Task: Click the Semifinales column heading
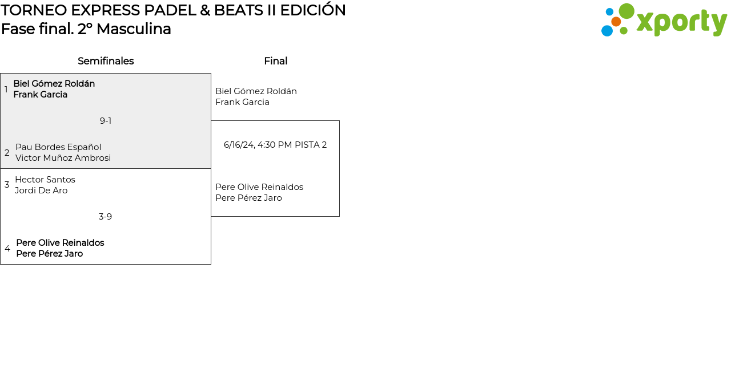point(106,61)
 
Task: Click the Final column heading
point(275,61)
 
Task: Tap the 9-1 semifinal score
point(106,121)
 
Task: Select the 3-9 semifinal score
point(105,217)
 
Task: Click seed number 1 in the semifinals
point(6,90)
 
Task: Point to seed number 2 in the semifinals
point(7,153)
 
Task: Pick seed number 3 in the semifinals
point(7,185)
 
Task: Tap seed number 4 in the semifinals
point(7,249)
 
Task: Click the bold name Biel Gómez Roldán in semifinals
point(54,84)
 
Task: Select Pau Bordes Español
point(58,147)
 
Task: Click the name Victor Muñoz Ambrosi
point(63,158)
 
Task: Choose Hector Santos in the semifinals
point(45,180)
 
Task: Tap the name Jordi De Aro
point(41,190)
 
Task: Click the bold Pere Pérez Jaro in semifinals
point(49,254)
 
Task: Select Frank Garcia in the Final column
point(242,102)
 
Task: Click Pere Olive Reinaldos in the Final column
point(259,187)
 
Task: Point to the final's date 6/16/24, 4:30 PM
point(258,145)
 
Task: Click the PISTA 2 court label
point(311,145)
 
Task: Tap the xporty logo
point(664,21)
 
